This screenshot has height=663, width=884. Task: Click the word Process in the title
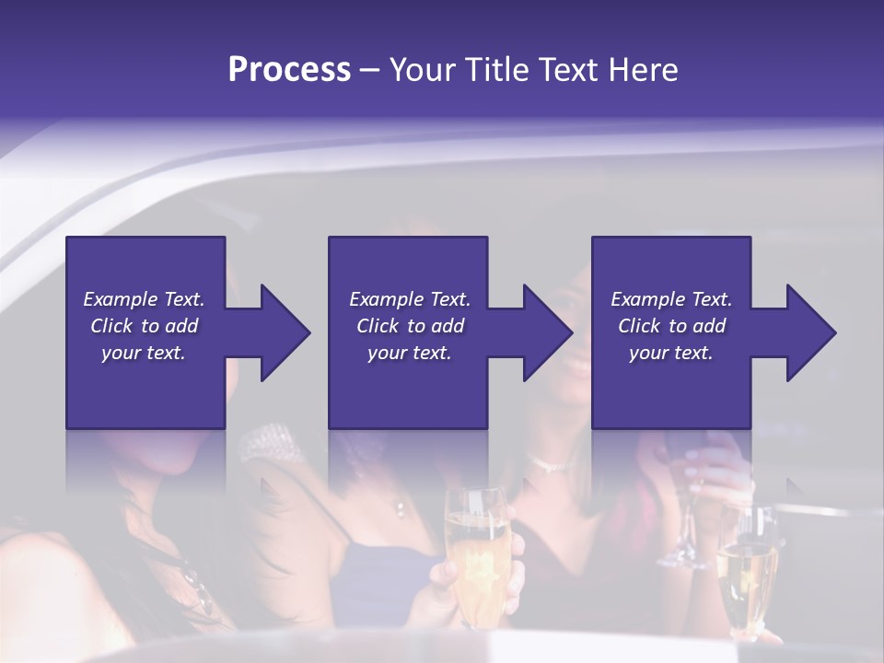click(x=289, y=70)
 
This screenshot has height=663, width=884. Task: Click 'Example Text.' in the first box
click(x=144, y=299)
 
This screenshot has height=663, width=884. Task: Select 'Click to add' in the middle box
click(x=410, y=326)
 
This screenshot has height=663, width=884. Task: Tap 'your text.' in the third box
click(x=670, y=353)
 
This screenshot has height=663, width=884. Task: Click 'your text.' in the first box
click(x=144, y=353)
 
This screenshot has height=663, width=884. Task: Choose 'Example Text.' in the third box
click(x=671, y=299)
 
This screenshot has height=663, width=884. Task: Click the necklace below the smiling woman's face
click(x=551, y=466)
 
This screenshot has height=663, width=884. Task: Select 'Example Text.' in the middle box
click(x=410, y=299)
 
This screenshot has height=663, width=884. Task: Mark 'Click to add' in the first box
click(x=144, y=326)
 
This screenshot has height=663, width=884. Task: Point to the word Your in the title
click(x=421, y=70)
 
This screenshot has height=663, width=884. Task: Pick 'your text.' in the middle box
click(x=409, y=353)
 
